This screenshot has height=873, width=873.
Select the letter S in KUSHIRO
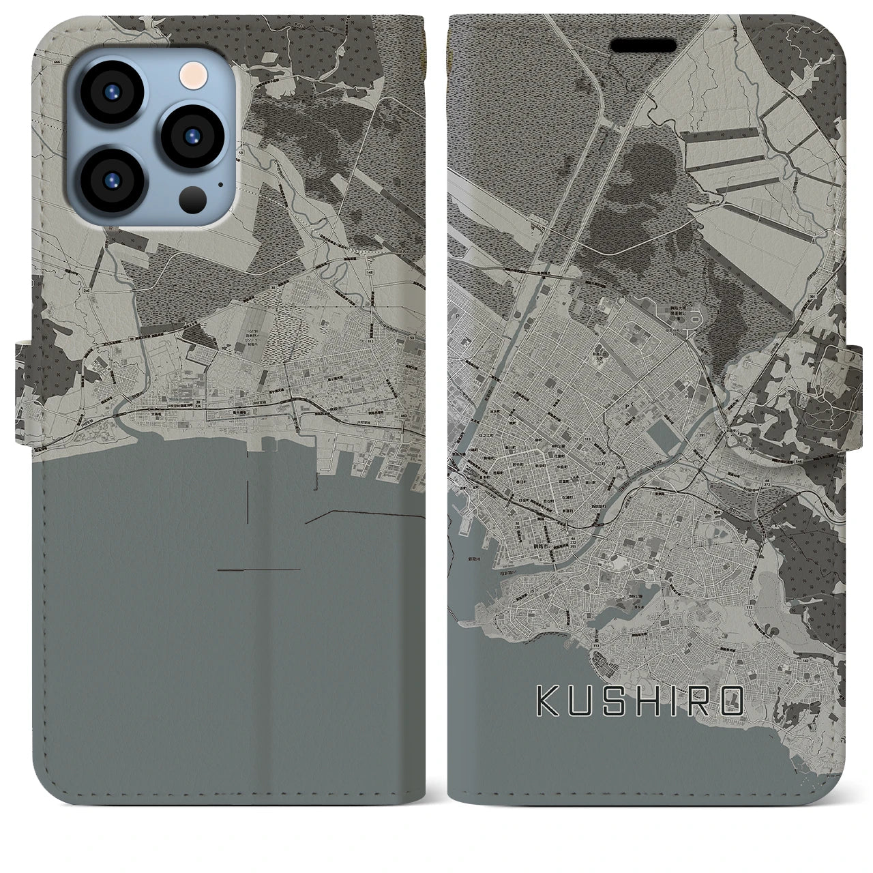click(x=610, y=702)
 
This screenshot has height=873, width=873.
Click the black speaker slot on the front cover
click(x=643, y=46)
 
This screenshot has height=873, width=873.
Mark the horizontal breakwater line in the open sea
click(x=259, y=569)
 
